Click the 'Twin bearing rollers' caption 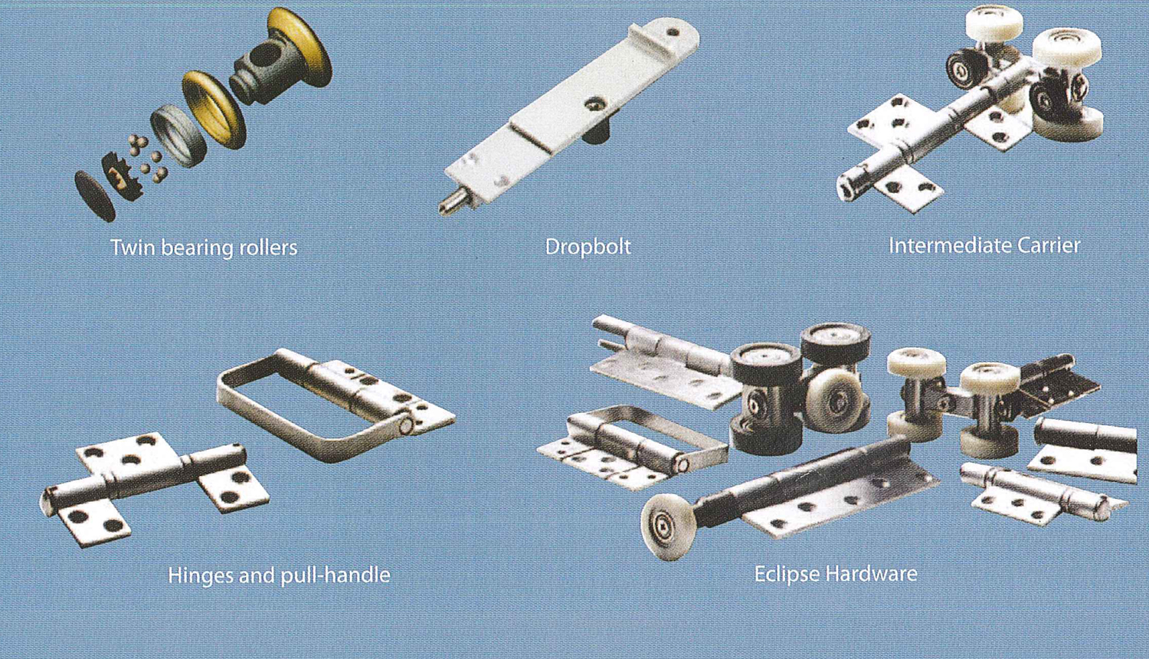tap(205, 248)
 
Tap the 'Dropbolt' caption tap(588, 247)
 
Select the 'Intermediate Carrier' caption tap(984, 245)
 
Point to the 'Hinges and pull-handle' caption tap(279, 575)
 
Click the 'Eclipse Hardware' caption tap(836, 573)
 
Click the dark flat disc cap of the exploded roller tap(95, 196)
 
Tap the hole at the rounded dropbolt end tap(672, 32)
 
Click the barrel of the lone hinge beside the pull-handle tap(144, 478)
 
